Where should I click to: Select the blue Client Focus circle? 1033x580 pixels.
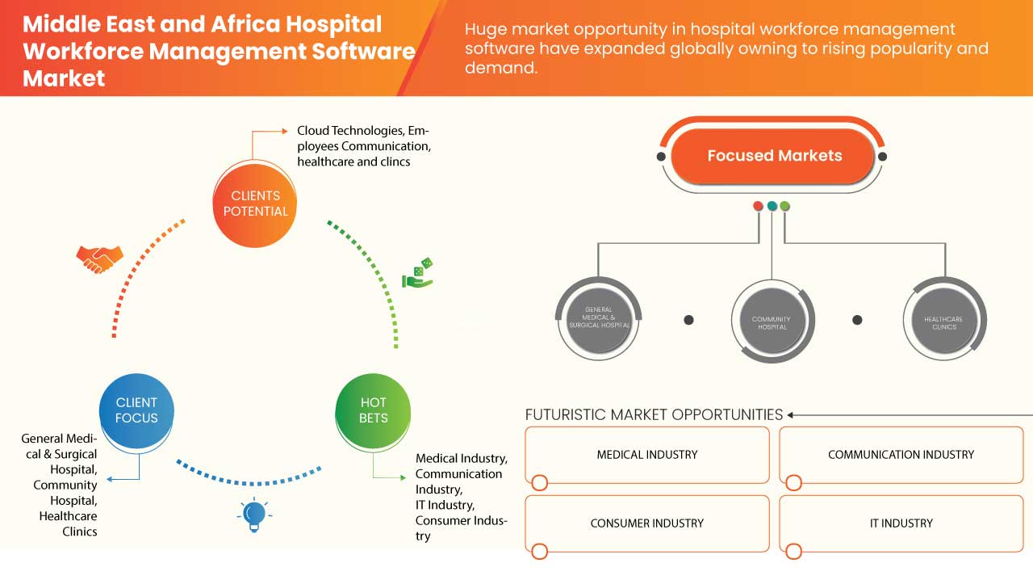[x=136, y=410]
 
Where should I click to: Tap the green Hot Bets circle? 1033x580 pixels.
[x=373, y=410]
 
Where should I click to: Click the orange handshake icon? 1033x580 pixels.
[x=99, y=258]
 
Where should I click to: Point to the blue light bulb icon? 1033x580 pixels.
[x=255, y=514]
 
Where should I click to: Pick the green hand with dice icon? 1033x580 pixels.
[x=418, y=273]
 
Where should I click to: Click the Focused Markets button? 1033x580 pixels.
[x=774, y=156]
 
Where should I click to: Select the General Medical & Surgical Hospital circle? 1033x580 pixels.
[x=598, y=318]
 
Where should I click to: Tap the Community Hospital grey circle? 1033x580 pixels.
[x=771, y=322]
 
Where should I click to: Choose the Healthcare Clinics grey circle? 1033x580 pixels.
[x=943, y=322]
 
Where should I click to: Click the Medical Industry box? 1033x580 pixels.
[x=647, y=455]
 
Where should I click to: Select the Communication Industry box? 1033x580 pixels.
[x=901, y=455]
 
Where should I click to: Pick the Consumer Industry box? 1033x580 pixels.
[x=647, y=523]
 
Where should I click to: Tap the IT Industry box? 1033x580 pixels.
[x=901, y=523]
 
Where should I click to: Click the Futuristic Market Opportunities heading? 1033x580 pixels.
[x=654, y=414]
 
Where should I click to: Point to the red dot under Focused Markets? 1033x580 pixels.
[x=758, y=206]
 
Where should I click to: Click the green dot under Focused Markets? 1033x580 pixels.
[x=785, y=206]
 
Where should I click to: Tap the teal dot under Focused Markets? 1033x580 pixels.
[x=772, y=206]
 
